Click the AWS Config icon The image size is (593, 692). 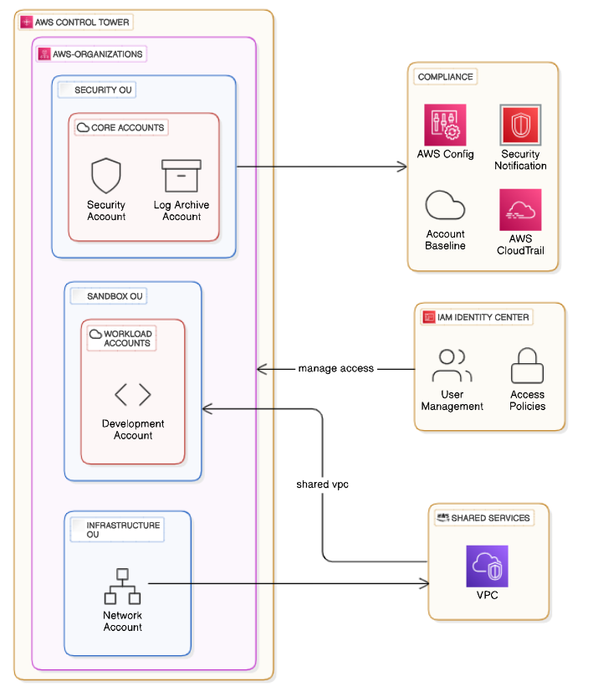point(445,125)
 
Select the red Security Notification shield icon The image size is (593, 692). point(520,125)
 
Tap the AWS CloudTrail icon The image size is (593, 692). point(520,210)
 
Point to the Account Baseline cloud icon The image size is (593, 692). point(445,205)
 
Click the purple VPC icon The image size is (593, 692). point(487,566)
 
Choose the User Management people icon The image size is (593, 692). point(452,366)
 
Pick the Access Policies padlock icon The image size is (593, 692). point(527,366)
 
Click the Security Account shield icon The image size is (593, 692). point(106,176)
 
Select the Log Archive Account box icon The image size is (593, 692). point(181,176)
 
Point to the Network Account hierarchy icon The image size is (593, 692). point(122,586)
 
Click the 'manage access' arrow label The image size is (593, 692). point(335,368)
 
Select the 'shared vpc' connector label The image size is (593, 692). point(322,484)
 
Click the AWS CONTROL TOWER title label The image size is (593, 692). point(82,22)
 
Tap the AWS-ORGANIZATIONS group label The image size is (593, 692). point(98,54)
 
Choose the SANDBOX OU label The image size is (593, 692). point(115,296)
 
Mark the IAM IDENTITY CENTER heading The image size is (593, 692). point(483,317)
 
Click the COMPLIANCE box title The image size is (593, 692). point(445,77)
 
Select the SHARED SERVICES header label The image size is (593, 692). point(490,518)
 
